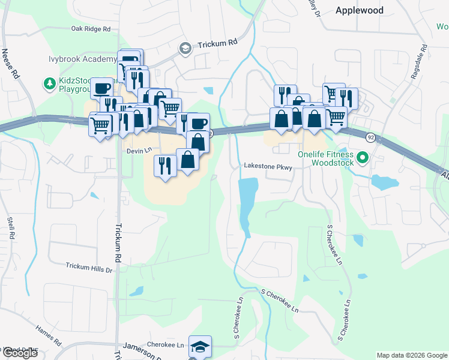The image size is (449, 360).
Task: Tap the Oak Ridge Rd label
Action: (91, 29)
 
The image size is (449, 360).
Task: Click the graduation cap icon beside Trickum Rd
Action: (185, 48)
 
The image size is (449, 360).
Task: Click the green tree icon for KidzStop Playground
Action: (47, 82)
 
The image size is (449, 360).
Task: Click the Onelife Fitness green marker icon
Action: (362, 158)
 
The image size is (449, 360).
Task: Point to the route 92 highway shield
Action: (371, 138)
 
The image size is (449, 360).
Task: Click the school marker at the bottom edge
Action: (200, 347)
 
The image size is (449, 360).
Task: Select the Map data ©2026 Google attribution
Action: (411, 355)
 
